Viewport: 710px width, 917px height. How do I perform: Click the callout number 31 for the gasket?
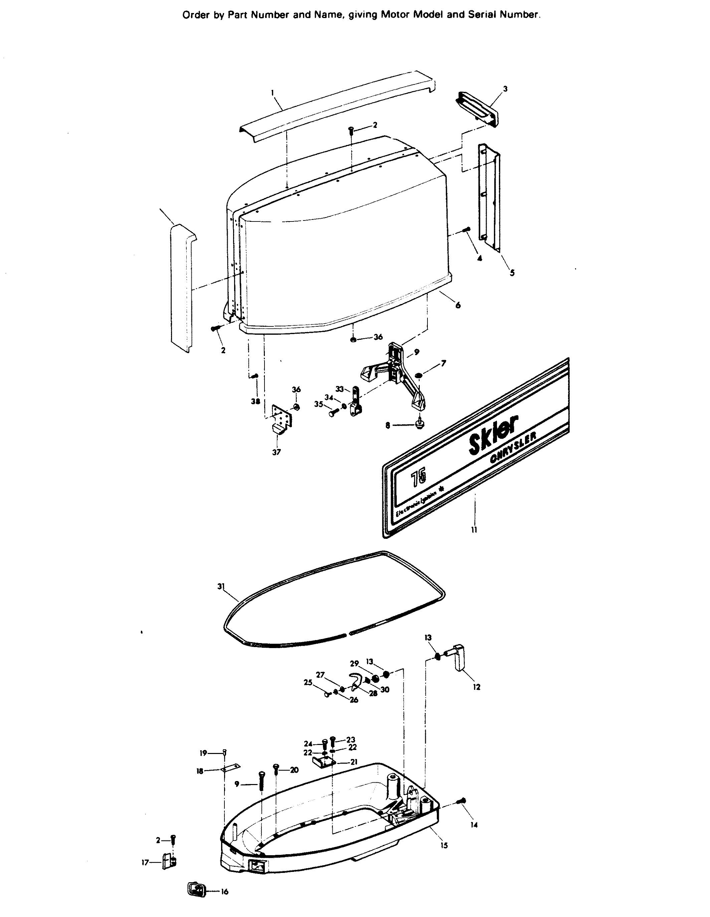[221, 587]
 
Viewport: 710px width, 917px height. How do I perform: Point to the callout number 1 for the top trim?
[272, 91]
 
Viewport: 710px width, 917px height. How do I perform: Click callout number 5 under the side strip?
[512, 273]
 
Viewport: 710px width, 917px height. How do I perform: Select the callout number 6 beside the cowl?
[458, 305]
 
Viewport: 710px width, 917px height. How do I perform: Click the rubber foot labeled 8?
[419, 424]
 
